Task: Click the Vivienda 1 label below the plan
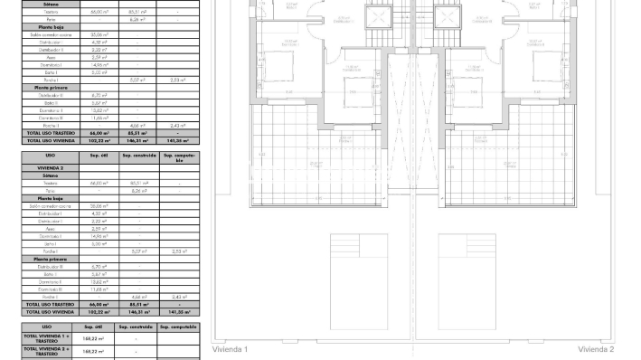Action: point(230,349)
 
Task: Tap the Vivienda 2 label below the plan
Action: point(596,349)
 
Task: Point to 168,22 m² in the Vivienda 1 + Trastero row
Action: point(94,337)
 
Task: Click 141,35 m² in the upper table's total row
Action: point(178,141)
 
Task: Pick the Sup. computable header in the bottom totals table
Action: point(178,327)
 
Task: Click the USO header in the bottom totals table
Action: point(47,327)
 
